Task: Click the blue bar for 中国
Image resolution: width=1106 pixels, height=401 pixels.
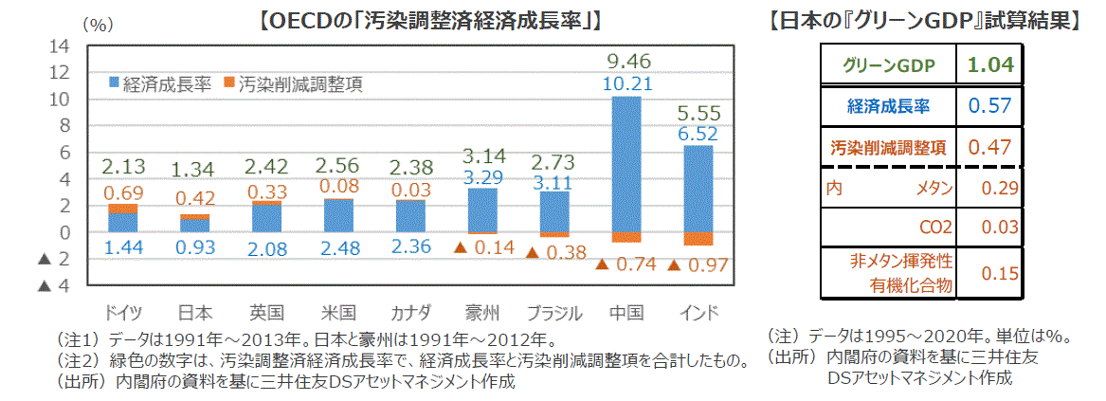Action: pos(626,163)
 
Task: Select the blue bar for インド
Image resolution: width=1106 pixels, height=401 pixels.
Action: pos(698,188)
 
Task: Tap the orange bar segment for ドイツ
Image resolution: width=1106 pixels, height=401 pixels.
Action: pos(123,209)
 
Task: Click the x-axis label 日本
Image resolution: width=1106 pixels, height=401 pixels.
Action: pos(195,314)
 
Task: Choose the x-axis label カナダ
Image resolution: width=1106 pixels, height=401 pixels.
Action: pos(410,314)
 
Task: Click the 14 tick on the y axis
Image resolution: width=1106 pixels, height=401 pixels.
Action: pos(60,46)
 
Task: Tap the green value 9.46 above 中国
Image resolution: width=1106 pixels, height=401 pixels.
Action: pos(626,63)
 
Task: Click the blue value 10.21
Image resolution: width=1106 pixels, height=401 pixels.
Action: pos(626,83)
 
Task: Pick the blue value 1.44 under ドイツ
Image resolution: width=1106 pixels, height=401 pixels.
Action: pos(123,248)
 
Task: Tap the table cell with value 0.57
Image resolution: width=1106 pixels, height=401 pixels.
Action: pos(991,106)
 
